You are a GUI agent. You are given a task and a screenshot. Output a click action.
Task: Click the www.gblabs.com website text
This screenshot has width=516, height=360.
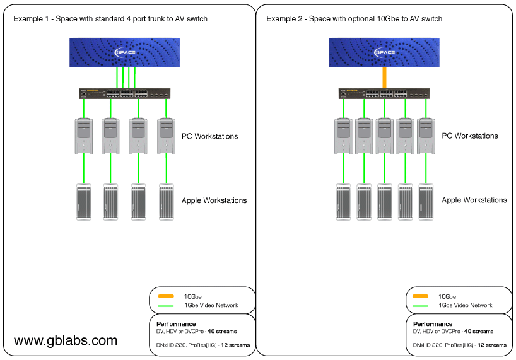pos(66,340)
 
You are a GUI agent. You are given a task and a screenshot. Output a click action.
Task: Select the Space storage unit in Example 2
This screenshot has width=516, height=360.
pos(384,52)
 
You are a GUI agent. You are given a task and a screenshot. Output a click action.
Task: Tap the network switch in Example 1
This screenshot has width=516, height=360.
pos(124,93)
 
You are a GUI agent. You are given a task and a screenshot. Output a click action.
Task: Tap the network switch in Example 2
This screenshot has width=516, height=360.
pos(384,93)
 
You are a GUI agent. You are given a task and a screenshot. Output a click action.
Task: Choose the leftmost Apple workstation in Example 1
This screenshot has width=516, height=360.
pos(83,202)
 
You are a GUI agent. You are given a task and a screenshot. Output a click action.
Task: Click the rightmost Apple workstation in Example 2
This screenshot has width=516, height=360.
pos(425,202)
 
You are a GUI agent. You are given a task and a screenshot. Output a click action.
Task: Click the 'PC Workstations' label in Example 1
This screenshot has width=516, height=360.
pos(210,136)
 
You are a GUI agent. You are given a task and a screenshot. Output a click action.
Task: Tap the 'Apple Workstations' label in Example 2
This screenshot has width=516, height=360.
pos(474,200)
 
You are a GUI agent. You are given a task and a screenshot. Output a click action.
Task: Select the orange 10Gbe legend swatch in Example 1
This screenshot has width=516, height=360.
pos(166,296)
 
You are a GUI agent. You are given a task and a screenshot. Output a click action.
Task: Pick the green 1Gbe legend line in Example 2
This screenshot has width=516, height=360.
pos(421,306)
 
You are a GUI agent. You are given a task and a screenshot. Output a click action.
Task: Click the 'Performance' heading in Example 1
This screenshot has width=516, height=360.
pos(176,324)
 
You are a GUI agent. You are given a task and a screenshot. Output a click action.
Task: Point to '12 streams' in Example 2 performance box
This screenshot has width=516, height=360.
pos(491,345)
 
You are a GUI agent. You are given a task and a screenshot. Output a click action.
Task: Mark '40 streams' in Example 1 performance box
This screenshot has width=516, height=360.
pos(224,331)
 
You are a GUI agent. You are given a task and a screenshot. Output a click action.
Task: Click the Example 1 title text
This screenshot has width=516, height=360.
pos(110,19)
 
